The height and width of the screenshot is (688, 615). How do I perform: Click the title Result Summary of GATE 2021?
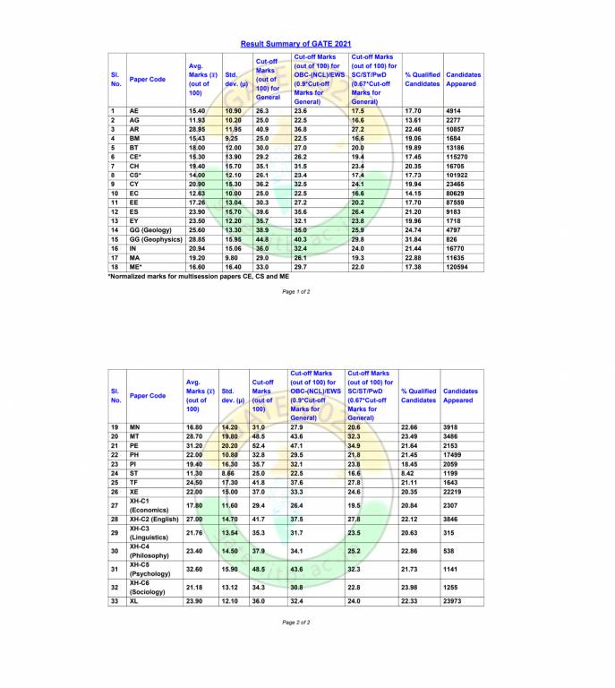point(295,44)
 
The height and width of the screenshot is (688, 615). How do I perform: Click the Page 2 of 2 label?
point(295,622)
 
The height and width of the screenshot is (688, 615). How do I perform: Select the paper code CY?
point(134,185)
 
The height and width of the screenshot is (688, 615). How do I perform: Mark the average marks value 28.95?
point(197,129)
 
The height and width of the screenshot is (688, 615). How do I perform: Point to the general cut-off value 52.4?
point(261,446)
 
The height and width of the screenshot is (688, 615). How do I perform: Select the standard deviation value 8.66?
point(229,473)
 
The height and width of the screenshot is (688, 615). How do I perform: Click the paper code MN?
point(134,428)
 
